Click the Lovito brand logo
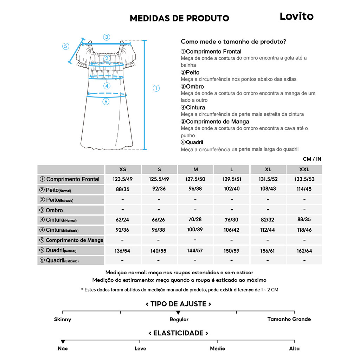(x=296, y=16)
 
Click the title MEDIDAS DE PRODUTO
(x=179, y=18)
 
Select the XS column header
(x=123, y=169)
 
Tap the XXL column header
(x=304, y=169)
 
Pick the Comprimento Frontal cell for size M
(x=195, y=179)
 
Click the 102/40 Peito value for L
(x=232, y=189)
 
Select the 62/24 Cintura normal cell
(x=122, y=220)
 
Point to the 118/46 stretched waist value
(x=304, y=230)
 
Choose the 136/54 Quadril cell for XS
(x=122, y=251)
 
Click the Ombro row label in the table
(x=54, y=210)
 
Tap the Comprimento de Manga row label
(x=74, y=240)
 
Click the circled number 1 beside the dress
(x=156, y=88)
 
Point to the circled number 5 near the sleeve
(x=66, y=46)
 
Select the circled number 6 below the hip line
(x=106, y=102)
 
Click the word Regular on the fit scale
(x=179, y=320)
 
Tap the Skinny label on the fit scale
(x=63, y=320)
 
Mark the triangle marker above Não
(x=63, y=342)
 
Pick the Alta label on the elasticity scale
(x=294, y=348)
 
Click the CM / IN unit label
(x=312, y=159)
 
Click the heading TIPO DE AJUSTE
(x=178, y=304)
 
